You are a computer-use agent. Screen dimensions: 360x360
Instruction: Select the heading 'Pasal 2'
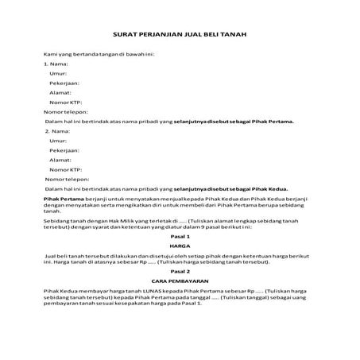point(180,271)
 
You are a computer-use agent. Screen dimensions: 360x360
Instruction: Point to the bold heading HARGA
point(180,246)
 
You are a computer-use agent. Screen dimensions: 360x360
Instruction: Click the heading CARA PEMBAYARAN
point(180,281)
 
